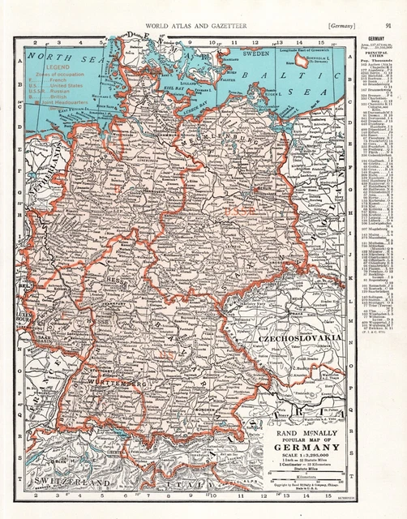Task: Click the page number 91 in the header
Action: tap(390, 27)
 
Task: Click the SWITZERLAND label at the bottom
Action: tap(71, 483)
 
